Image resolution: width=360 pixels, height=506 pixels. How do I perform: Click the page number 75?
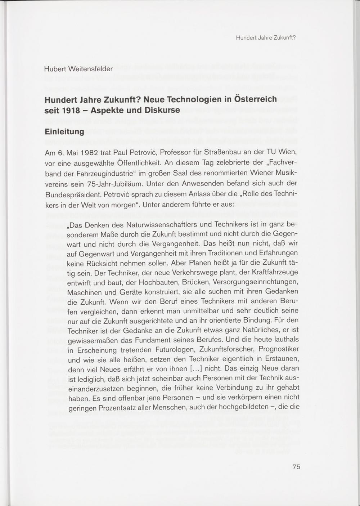point(296,467)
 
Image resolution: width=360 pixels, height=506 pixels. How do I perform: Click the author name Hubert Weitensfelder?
point(78,69)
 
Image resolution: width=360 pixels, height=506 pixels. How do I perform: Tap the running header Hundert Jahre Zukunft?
point(266,37)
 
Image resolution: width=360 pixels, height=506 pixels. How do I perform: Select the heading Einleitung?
point(64,132)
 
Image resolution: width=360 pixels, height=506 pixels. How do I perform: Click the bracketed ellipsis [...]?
point(198,369)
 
